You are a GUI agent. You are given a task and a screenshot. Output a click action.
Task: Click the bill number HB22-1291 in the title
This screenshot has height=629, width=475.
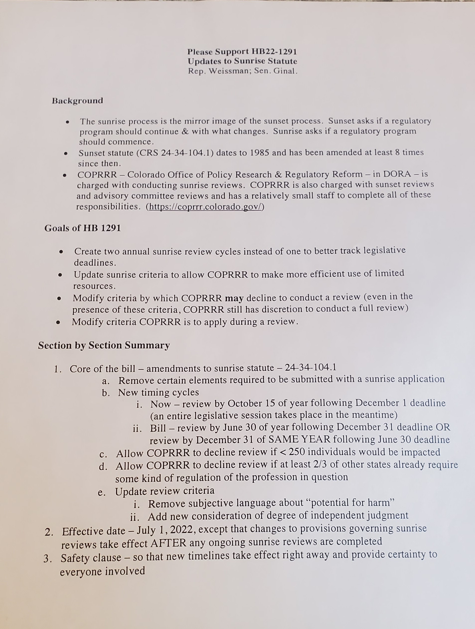pos(274,52)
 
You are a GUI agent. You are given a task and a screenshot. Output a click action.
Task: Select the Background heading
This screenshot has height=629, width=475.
pos(77,101)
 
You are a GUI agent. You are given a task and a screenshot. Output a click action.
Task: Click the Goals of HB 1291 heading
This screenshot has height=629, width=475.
pos(82,228)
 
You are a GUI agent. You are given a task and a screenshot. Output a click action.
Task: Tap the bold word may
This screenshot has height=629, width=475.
pos(234,298)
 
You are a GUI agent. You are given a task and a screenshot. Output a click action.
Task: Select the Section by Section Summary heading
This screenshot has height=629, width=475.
pos(104,345)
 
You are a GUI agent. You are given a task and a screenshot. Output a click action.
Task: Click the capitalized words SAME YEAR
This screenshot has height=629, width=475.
pos(299,440)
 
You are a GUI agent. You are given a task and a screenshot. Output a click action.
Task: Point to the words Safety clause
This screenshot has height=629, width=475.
pos(91,558)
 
